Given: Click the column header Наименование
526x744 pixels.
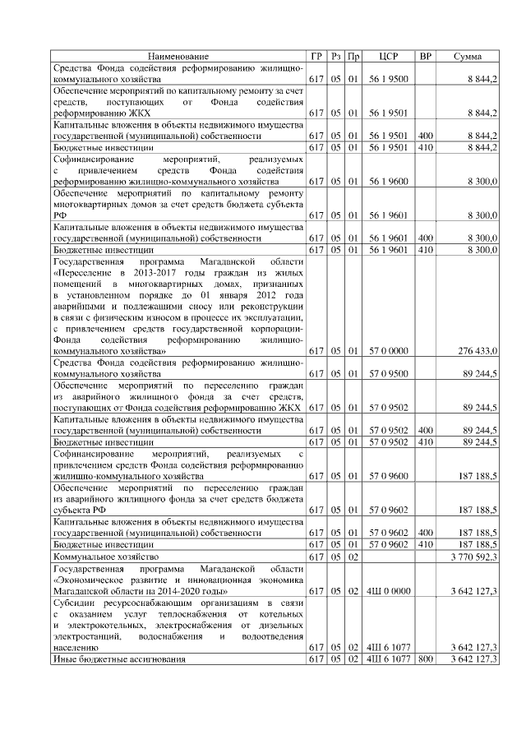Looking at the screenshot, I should click(x=178, y=56).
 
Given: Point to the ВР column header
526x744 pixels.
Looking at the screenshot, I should click(x=425, y=56).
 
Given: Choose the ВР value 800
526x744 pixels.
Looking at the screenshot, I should click(x=425, y=659).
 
